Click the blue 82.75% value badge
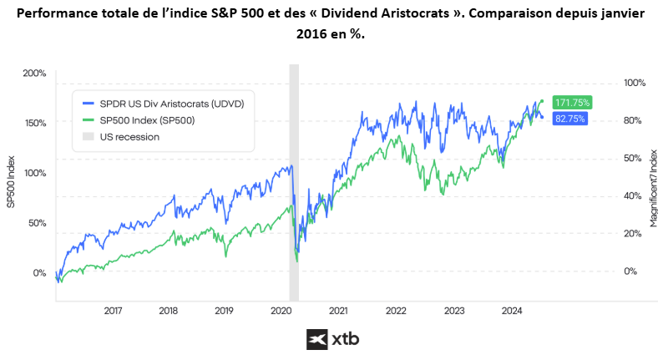(569, 119)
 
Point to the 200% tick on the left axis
(34, 74)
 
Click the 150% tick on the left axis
(34, 123)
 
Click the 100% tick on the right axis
(635, 84)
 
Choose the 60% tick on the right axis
(635, 159)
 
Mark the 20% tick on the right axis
(635, 234)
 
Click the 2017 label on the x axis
(114, 311)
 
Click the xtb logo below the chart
(333, 340)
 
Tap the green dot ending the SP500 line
(542, 101)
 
